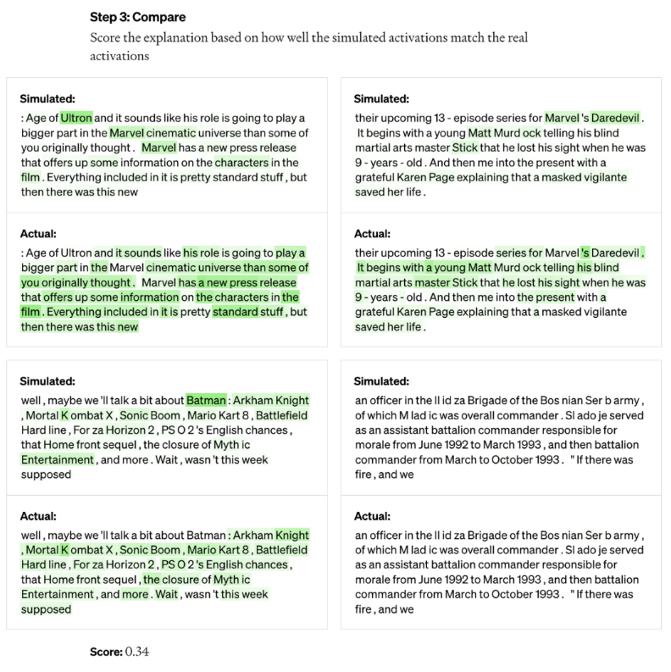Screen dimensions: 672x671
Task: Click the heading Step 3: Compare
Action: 137,17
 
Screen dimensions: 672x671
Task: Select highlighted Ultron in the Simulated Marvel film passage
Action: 76,118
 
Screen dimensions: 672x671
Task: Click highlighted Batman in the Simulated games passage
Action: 206,400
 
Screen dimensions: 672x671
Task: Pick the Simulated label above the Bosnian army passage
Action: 381,381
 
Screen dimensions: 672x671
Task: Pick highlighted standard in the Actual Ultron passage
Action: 236,312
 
